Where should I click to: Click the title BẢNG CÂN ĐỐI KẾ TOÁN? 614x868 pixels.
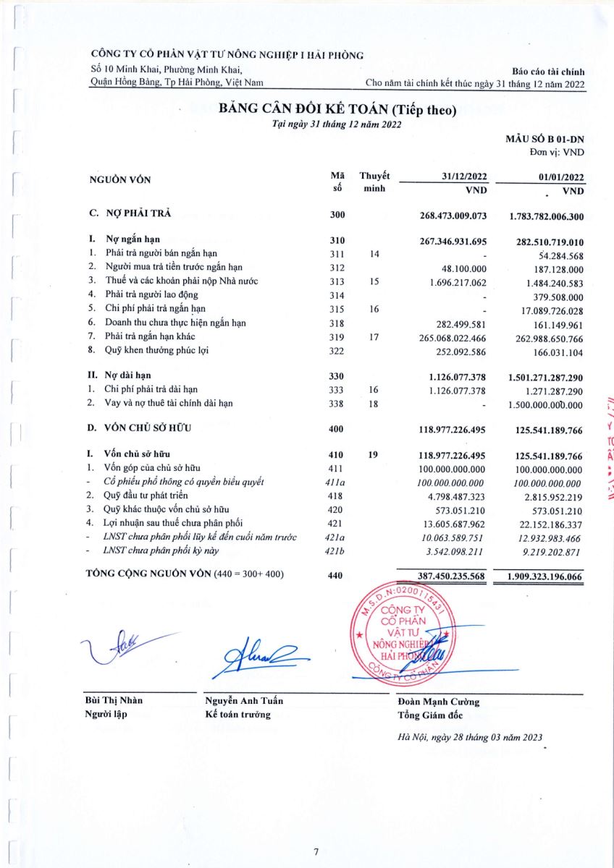(338, 110)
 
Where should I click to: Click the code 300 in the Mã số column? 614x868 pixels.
(337, 216)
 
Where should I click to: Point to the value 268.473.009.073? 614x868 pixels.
(454, 216)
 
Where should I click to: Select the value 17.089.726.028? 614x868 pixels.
(549, 308)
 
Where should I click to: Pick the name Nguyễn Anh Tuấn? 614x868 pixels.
(245, 701)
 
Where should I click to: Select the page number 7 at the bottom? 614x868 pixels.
(316, 851)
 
